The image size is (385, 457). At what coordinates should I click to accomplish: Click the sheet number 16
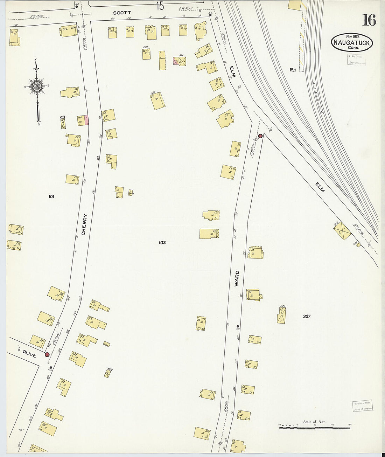point(369,20)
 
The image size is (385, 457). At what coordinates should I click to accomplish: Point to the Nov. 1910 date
point(353,36)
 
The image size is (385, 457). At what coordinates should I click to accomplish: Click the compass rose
point(36,86)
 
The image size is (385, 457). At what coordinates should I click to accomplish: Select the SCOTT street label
point(122,13)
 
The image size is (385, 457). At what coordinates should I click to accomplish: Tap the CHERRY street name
point(84,224)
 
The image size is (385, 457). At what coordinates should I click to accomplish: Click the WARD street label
point(237,278)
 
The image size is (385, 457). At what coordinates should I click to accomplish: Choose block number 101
point(51,197)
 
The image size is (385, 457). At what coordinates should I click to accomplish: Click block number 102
point(162,242)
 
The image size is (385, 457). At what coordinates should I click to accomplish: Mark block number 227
point(307,316)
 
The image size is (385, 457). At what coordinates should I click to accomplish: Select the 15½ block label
point(293,70)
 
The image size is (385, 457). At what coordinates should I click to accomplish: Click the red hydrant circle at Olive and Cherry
point(47,354)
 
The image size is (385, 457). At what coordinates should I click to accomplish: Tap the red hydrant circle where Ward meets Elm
point(260,136)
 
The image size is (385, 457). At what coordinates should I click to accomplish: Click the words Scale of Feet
point(314,422)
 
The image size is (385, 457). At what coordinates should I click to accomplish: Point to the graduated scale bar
point(314,428)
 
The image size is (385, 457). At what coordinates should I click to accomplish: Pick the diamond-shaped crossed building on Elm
point(342,231)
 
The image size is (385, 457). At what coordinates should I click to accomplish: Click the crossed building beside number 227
point(281,315)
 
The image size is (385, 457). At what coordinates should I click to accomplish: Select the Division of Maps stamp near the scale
point(363,406)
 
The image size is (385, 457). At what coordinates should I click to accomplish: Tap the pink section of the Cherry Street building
point(87,120)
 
